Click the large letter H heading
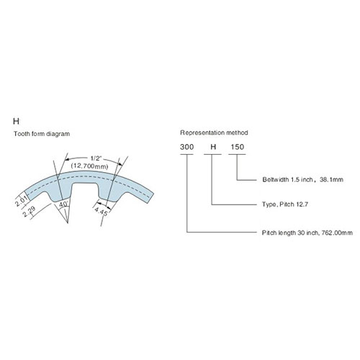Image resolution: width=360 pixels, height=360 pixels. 16,122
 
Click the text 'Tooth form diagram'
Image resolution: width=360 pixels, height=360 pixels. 42,134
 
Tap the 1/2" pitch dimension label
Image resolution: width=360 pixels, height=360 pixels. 96,158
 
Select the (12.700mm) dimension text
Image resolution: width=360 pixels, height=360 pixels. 89,166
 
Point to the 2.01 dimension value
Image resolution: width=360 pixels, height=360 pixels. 22,199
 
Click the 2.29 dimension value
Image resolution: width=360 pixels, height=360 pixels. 30,211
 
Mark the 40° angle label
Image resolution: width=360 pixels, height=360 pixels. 63,204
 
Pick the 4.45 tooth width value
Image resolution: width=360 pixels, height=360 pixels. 101,211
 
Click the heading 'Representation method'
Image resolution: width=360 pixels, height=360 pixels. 214,132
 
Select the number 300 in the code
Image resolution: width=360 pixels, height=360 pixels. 186,147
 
